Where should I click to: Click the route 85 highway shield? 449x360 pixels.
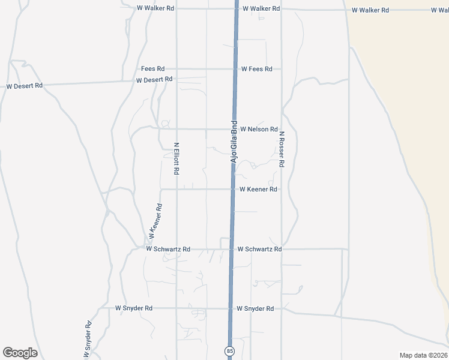click(229, 350)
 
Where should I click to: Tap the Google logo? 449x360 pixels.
click(20, 353)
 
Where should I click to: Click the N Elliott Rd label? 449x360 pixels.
click(176, 158)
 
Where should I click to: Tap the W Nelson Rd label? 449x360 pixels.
click(259, 129)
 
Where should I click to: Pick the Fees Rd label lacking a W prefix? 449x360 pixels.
click(152, 69)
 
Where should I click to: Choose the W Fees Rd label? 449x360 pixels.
click(257, 69)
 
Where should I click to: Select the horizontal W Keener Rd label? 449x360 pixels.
click(258, 189)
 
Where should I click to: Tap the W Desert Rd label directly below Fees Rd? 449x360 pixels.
click(154, 79)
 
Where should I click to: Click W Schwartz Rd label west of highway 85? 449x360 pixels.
click(168, 248)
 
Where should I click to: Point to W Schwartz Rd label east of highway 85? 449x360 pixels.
click(259, 248)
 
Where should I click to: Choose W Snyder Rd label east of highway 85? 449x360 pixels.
click(255, 308)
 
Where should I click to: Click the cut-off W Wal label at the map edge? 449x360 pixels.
click(439, 10)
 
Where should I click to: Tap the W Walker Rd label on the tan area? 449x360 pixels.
click(370, 10)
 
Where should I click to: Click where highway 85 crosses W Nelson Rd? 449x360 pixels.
click(234, 129)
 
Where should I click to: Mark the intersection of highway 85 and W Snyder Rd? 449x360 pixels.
click(230, 308)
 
